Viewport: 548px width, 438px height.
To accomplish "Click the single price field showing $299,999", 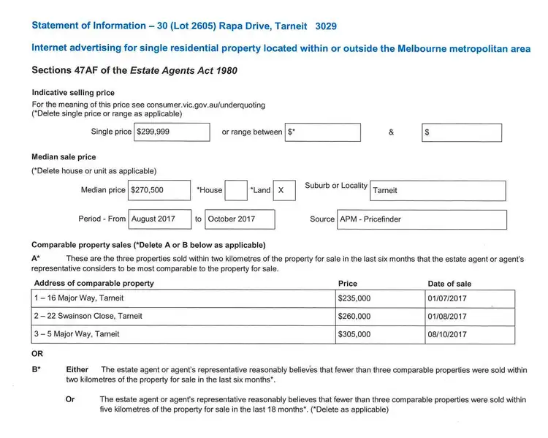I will point(172,132).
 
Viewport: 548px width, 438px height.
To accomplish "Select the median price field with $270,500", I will point(159,190).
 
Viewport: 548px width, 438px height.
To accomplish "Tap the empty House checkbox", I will point(236,190).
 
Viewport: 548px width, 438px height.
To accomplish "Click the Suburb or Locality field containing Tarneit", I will point(438,190).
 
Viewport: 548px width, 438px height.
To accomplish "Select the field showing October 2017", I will point(240,219).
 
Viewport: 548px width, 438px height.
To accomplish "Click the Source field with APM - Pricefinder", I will point(422,219).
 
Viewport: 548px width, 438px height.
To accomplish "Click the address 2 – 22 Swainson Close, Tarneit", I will point(88,317).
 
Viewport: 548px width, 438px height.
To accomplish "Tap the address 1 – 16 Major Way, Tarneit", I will point(80,298).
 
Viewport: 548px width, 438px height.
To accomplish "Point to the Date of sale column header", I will point(449,284).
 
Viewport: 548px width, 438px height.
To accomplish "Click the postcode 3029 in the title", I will point(326,26).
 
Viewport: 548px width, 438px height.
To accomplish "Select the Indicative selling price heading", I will point(73,93).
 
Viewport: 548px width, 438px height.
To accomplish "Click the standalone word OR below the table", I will point(38,354).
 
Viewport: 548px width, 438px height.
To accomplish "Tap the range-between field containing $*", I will point(323,132).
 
